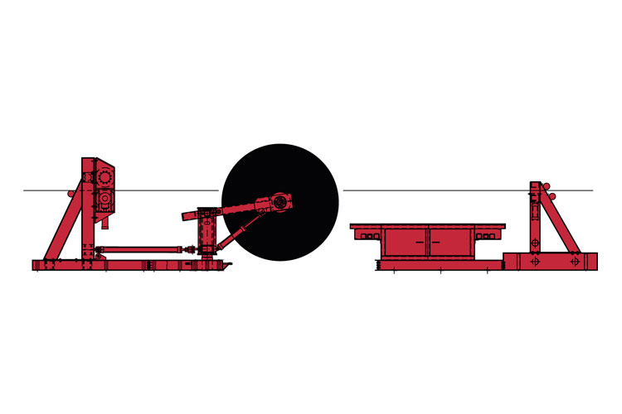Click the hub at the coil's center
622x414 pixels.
[x=280, y=202]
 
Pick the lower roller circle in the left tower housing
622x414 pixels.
[x=104, y=200]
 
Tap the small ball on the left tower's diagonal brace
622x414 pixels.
[x=72, y=194]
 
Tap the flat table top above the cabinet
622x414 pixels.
[x=427, y=226]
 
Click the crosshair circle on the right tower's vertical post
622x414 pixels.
[x=535, y=243]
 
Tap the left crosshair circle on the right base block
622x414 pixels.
[x=532, y=261]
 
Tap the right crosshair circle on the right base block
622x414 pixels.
[x=575, y=261]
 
